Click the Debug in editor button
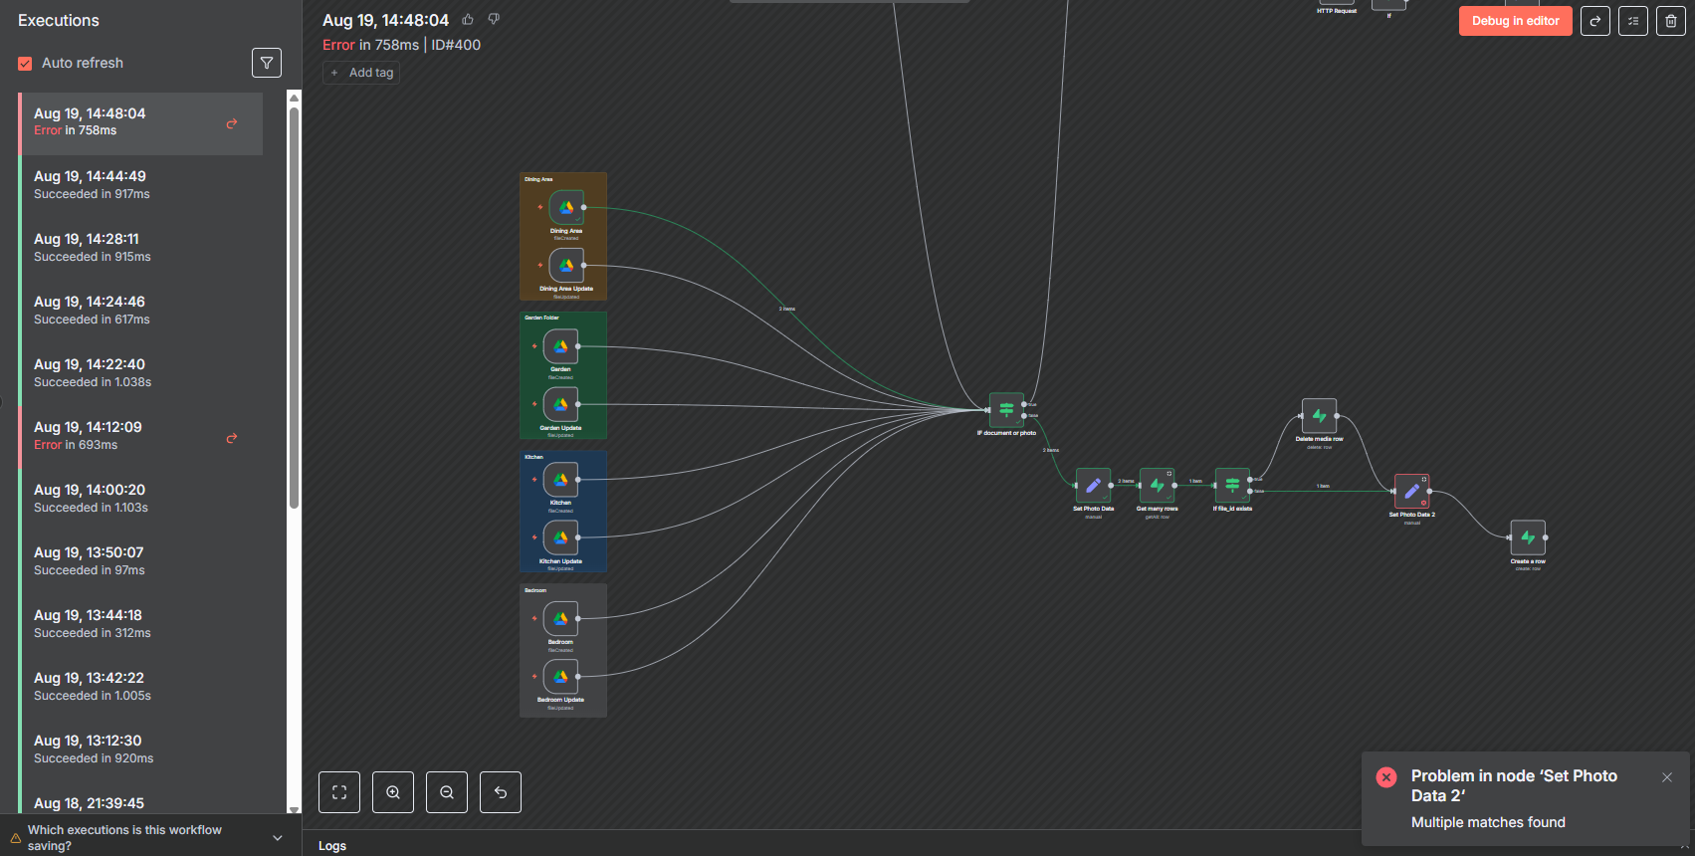pyautogui.click(x=1515, y=21)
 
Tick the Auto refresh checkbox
pyautogui.click(x=25, y=64)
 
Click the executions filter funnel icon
pyautogui.click(x=267, y=63)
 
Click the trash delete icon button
pyautogui.click(x=1670, y=21)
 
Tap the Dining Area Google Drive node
pyautogui.click(x=566, y=208)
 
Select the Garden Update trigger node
pyautogui.click(x=560, y=404)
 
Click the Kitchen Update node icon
pyautogui.click(x=560, y=537)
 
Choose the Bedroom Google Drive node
pyautogui.click(x=560, y=618)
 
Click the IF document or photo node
pyautogui.click(x=1006, y=409)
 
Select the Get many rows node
pyautogui.click(x=1157, y=486)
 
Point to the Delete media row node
pyautogui.click(x=1319, y=416)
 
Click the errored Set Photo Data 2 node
pyautogui.click(x=1411, y=492)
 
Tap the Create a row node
pyautogui.click(x=1528, y=538)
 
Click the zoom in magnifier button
pyautogui.click(x=393, y=792)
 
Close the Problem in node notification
pyautogui.click(x=1667, y=777)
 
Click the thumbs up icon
pyautogui.click(x=468, y=20)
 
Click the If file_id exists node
pyautogui.click(x=1232, y=486)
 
